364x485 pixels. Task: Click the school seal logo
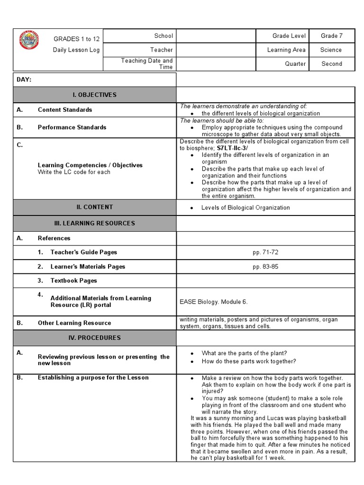30,41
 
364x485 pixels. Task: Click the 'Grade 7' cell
332,36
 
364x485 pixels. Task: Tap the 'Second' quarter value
332,64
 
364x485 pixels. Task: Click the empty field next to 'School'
216,36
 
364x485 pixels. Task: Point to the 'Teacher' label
162,50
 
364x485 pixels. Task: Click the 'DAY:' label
24,80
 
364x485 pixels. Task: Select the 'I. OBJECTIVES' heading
94,95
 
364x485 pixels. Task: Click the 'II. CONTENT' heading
94,207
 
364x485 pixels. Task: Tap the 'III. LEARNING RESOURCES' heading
94,223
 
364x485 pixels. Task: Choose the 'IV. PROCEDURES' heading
94,338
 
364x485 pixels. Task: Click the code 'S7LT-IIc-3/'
232,148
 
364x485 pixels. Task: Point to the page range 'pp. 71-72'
265,252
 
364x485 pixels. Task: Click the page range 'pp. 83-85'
265,267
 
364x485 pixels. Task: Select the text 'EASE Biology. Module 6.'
214,302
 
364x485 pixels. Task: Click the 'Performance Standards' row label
72,127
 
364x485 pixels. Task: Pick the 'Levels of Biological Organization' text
246,207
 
